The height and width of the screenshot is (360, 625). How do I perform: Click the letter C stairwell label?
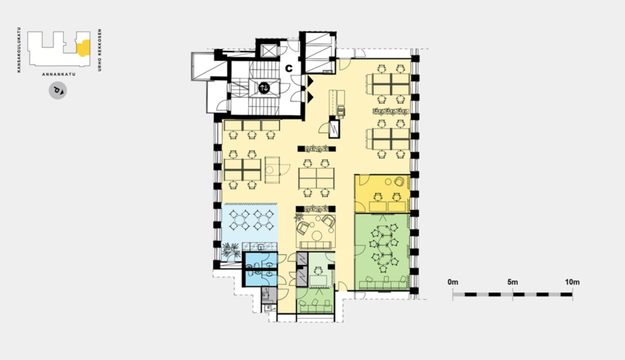pyautogui.click(x=288, y=69)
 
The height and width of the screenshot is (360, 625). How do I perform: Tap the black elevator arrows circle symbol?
pyautogui.click(x=264, y=88)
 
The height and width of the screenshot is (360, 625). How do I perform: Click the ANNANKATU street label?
pyautogui.click(x=59, y=74)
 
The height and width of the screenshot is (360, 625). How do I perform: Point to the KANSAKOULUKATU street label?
pyautogui.click(x=19, y=50)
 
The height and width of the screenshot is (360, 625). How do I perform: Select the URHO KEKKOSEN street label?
pyautogui.click(x=100, y=50)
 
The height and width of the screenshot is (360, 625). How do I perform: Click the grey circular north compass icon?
pyautogui.click(x=58, y=91)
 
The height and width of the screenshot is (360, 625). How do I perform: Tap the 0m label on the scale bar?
pyautogui.click(x=453, y=282)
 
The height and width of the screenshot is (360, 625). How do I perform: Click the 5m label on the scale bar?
pyautogui.click(x=512, y=282)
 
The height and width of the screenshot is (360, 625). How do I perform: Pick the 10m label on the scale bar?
pyautogui.click(x=572, y=282)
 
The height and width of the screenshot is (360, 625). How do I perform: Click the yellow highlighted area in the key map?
pyautogui.click(x=83, y=48)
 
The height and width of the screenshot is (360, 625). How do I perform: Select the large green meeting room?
pyautogui.click(x=382, y=252)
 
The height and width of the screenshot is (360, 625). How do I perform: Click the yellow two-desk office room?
pyautogui.click(x=382, y=194)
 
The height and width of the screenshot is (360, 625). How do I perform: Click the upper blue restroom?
pyautogui.click(x=261, y=261)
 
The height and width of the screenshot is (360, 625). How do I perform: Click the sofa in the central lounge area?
pyautogui.click(x=316, y=245)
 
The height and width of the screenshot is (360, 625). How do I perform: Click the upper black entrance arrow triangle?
pyautogui.click(x=309, y=81)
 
